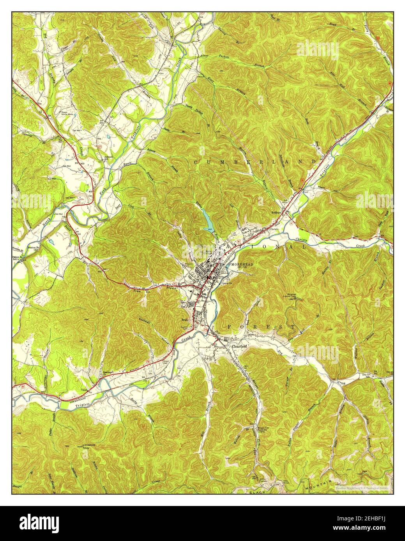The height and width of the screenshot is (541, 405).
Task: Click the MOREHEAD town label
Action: coord(242,264)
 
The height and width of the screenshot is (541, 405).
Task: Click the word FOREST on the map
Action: coord(262,327)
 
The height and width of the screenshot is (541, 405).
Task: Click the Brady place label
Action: coord(185,321)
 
